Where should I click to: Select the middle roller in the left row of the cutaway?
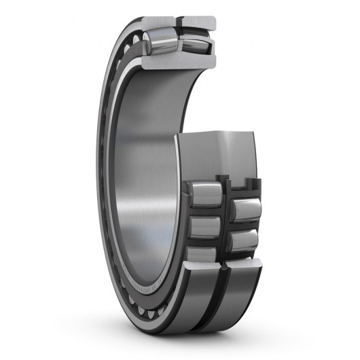pos(204,226)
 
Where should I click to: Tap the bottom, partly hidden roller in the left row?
pos(202,254)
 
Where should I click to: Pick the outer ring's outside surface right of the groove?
pos(241,299)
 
